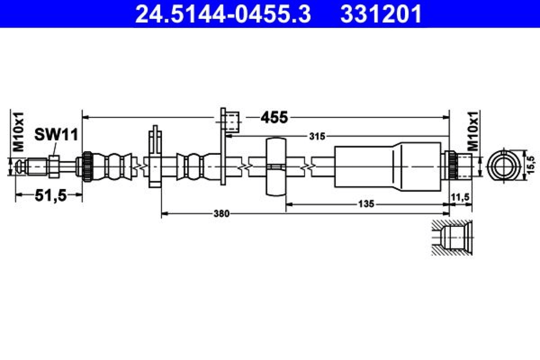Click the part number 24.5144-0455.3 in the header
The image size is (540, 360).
point(223,14)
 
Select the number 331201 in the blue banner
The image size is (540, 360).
point(381,14)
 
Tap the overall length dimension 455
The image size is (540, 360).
point(274,117)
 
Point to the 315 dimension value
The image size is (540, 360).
point(317,137)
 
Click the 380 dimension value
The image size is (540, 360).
point(221,214)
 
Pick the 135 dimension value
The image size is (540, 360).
point(366,204)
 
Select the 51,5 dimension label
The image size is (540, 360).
point(51,195)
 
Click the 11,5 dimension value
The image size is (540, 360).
point(461,197)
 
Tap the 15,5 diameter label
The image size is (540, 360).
point(531,165)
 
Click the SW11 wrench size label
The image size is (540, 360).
point(57,134)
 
